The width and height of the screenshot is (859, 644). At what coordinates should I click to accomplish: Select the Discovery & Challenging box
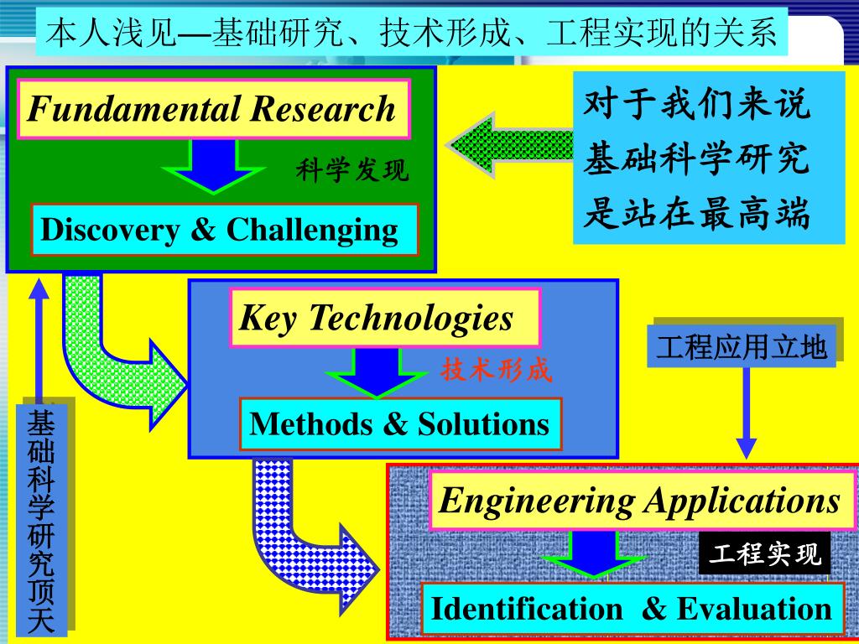224,229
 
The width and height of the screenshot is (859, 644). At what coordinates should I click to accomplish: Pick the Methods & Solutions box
400,423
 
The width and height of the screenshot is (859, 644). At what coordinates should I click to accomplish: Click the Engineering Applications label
640,501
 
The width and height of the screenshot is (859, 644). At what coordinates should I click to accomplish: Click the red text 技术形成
497,370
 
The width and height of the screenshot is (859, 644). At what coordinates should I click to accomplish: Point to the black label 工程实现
765,554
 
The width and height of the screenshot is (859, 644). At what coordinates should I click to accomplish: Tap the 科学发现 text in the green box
352,171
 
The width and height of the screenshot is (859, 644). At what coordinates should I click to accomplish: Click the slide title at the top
412,33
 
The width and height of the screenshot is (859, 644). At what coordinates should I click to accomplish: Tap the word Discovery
110,229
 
